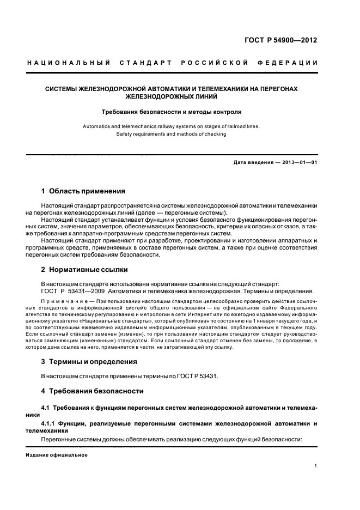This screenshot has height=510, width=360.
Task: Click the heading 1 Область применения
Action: tap(83, 191)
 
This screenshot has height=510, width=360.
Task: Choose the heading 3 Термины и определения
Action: tap(89, 361)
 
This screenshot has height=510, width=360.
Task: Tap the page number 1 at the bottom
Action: tap(316, 466)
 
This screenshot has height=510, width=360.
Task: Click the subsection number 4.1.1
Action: tap(51, 423)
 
